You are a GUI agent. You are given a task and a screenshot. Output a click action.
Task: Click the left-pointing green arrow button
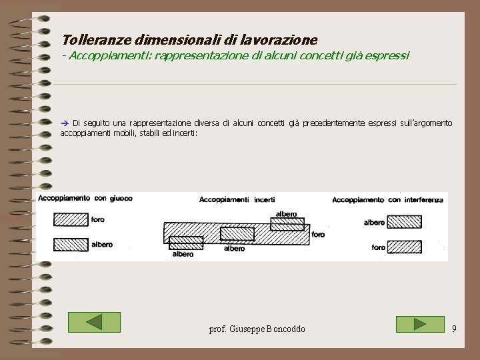click(94, 323)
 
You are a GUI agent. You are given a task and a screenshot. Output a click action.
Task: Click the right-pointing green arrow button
click(419, 324)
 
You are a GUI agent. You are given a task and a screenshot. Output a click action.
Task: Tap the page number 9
click(454, 329)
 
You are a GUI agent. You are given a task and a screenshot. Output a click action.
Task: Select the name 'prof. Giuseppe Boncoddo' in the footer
click(257, 329)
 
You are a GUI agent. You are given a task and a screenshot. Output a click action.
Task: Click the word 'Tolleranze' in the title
click(89, 40)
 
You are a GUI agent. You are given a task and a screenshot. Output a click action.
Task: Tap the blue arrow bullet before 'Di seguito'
click(65, 123)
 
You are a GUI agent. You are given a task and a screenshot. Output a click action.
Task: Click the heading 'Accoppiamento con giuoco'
click(85, 198)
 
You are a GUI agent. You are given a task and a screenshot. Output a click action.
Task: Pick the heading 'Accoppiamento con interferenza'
click(387, 199)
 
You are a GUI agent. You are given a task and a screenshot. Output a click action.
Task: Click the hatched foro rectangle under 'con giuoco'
click(71, 219)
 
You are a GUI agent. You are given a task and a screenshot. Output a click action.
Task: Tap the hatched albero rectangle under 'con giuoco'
click(71, 245)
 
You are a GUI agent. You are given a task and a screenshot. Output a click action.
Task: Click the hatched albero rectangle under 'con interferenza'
click(404, 222)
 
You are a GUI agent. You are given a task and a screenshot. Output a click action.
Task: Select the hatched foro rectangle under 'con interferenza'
click(404, 247)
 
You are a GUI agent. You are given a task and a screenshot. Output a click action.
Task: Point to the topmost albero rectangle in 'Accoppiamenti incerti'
click(287, 224)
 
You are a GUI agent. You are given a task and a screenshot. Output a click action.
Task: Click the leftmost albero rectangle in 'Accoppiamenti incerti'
click(186, 243)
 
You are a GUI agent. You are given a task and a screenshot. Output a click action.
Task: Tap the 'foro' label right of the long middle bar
click(318, 235)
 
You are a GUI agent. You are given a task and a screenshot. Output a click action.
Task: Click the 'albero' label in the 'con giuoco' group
click(102, 245)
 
